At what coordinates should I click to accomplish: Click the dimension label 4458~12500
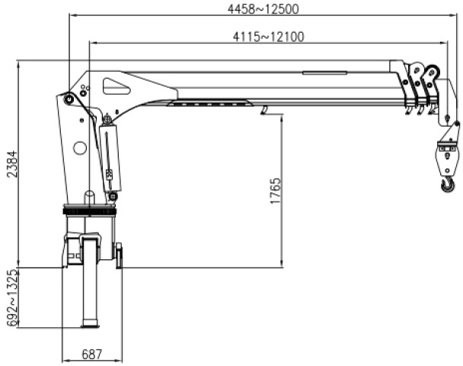(x=263, y=9)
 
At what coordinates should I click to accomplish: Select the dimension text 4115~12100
(x=268, y=37)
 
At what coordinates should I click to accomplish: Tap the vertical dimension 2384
(x=12, y=164)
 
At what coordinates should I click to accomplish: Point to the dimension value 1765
(x=275, y=191)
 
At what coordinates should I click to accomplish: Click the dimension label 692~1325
(x=13, y=298)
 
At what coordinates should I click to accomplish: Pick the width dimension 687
(x=92, y=354)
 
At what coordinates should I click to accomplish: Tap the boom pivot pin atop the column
(x=70, y=98)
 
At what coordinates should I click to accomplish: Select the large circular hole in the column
(x=80, y=148)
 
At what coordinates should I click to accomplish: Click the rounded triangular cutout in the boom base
(x=116, y=87)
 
